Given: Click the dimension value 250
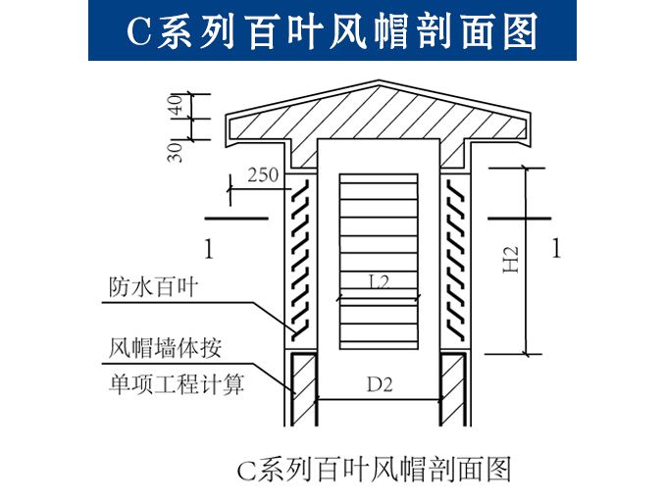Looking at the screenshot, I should tap(263, 175).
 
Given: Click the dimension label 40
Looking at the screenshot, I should tap(178, 105).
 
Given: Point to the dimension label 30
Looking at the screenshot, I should tap(176, 149).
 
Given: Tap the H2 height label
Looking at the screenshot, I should tap(511, 259).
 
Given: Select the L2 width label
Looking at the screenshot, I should tap(379, 282).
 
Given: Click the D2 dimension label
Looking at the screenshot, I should tap(380, 384).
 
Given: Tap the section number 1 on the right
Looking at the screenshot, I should tap(556, 248).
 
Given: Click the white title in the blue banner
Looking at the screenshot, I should tap(332, 31).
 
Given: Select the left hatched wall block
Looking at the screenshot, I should tap(303, 388).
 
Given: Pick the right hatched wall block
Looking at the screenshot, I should tap(452, 388).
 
